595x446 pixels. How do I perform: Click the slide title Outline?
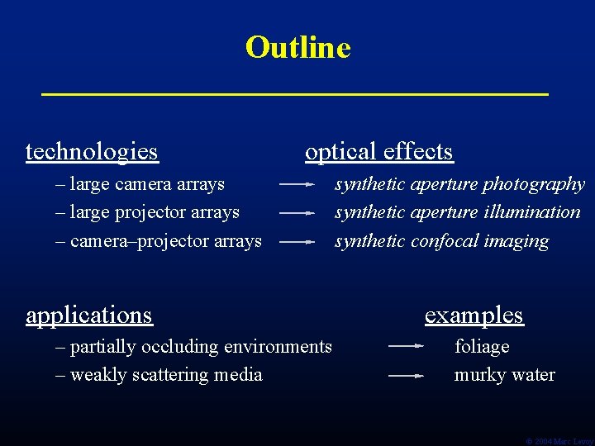297,47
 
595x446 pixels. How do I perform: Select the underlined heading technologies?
92,152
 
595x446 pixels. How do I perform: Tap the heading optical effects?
378,152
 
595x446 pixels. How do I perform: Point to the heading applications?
89,316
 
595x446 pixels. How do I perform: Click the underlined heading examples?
474,316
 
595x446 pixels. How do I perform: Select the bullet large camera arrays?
140,183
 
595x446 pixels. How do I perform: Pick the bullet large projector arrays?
147,212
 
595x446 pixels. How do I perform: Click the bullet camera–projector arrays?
159,241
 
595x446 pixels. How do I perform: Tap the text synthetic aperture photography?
459,184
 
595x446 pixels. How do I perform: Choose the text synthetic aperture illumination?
457,212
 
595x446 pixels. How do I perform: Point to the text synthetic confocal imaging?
441,241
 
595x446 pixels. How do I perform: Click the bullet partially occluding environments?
193,347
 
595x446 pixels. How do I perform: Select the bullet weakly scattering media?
159,375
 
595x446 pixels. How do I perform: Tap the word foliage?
482,347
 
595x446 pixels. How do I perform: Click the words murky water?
504,375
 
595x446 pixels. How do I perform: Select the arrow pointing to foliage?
406,346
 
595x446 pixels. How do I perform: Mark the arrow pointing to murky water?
406,375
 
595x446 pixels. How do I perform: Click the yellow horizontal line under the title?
295,95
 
